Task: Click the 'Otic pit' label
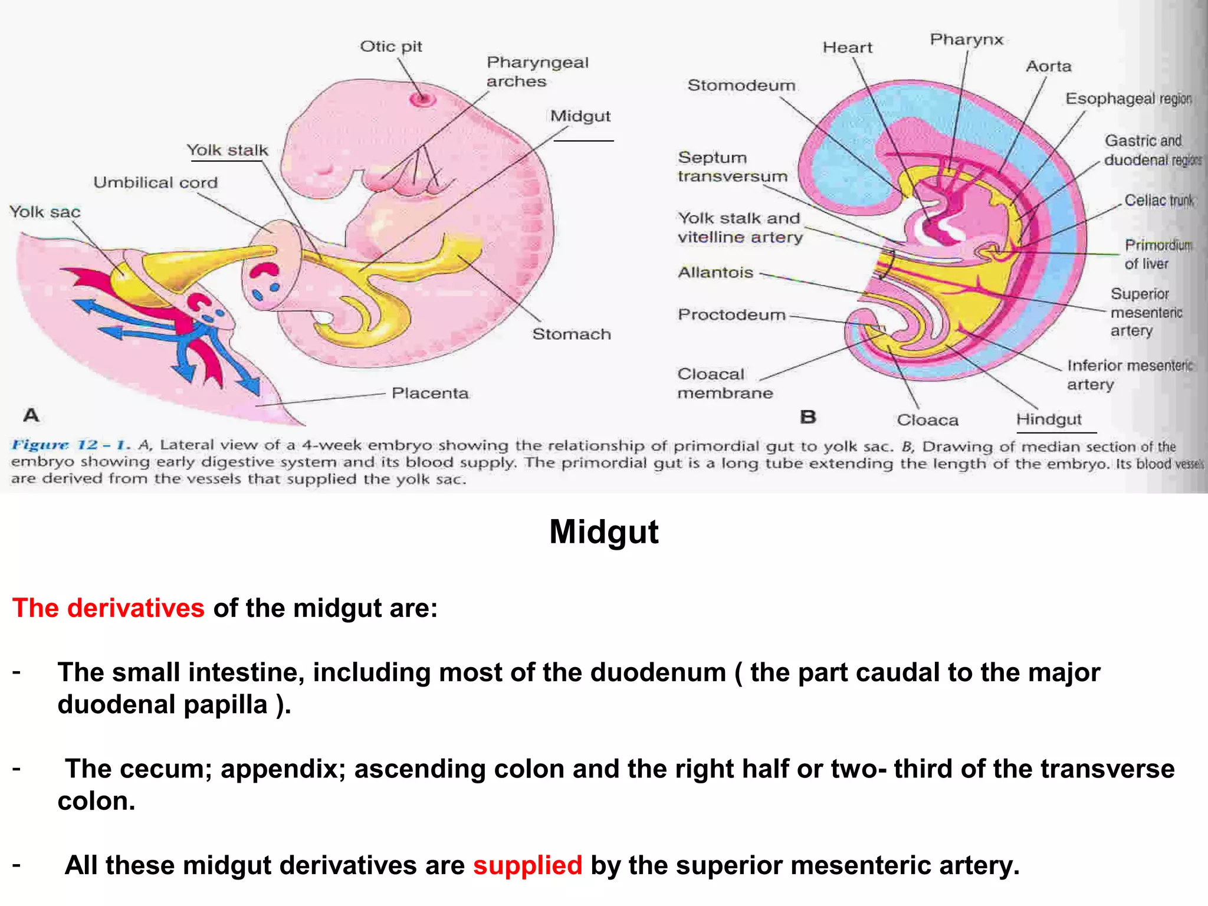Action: [x=391, y=47]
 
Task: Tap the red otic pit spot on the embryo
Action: [x=422, y=99]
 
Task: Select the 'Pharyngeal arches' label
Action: [x=537, y=71]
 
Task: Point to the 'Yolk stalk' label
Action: [x=227, y=150]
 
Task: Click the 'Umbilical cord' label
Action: [x=156, y=183]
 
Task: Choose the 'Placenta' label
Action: [x=430, y=393]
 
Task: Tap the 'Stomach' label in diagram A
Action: [x=571, y=334]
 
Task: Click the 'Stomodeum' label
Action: [x=741, y=86]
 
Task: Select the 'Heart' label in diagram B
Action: [x=847, y=48]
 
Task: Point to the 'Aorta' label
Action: [x=1048, y=66]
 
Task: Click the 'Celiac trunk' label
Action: [x=1158, y=201]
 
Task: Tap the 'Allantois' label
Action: [x=715, y=273]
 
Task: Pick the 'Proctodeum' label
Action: [x=731, y=315]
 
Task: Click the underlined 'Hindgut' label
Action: [x=1049, y=419]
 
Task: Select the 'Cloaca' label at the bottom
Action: [x=927, y=420]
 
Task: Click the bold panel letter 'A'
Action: [x=31, y=415]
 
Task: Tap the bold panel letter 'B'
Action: [x=808, y=417]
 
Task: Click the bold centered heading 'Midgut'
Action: [x=603, y=531]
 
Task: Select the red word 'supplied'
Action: [x=527, y=866]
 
